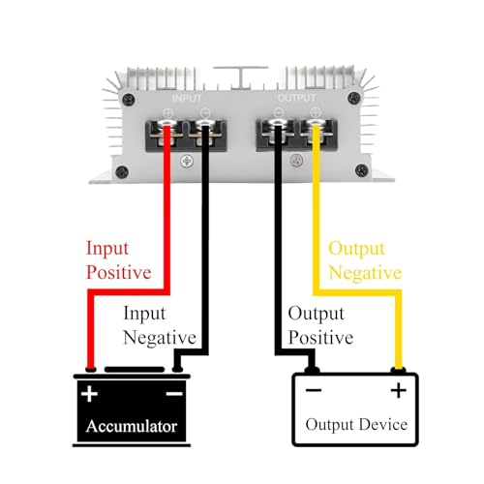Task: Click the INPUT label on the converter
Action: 187,98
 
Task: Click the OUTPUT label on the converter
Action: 296,98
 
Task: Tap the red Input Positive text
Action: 119,260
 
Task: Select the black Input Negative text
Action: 160,325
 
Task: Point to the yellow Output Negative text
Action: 365,260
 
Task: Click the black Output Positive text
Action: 320,325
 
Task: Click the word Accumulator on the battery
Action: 132,426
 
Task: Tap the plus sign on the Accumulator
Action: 89,394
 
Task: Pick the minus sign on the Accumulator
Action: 174,393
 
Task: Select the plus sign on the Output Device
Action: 399,390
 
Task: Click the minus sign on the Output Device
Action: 314,390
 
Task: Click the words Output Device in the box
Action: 356,425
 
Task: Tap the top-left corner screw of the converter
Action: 129,100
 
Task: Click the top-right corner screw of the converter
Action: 354,99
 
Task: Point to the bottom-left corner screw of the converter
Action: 122,172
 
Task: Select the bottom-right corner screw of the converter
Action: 361,170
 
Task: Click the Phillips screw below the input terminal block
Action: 187,161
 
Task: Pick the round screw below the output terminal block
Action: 296,161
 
